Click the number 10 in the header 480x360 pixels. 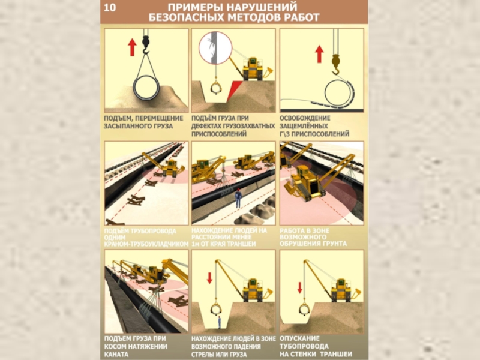[x=110, y=7]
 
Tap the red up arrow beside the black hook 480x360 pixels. [x=132, y=47]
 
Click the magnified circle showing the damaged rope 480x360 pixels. [x=215, y=48]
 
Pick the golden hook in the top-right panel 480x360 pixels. [x=336, y=65]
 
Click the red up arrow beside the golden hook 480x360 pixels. [x=320, y=54]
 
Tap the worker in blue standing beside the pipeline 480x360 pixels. [x=238, y=198]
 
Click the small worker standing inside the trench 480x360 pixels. [x=219, y=322]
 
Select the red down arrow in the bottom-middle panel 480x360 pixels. [x=209, y=278]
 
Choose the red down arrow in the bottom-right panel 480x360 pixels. [x=300, y=287]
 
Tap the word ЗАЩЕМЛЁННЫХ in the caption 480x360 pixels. [x=304, y=126]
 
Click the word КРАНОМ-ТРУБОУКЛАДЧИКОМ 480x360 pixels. [x=146, y=244]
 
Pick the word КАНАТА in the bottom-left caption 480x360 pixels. [x=116, y=355]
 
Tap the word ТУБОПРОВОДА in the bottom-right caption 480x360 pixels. [x=304, y=347]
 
